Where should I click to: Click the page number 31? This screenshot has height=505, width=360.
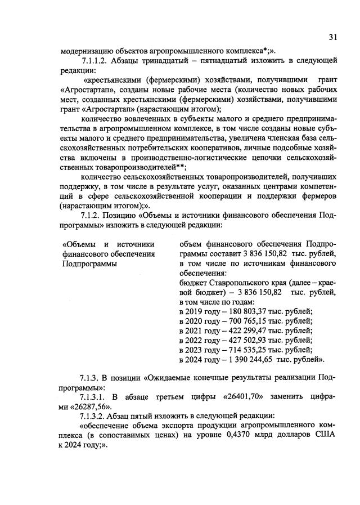coord(332,38)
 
